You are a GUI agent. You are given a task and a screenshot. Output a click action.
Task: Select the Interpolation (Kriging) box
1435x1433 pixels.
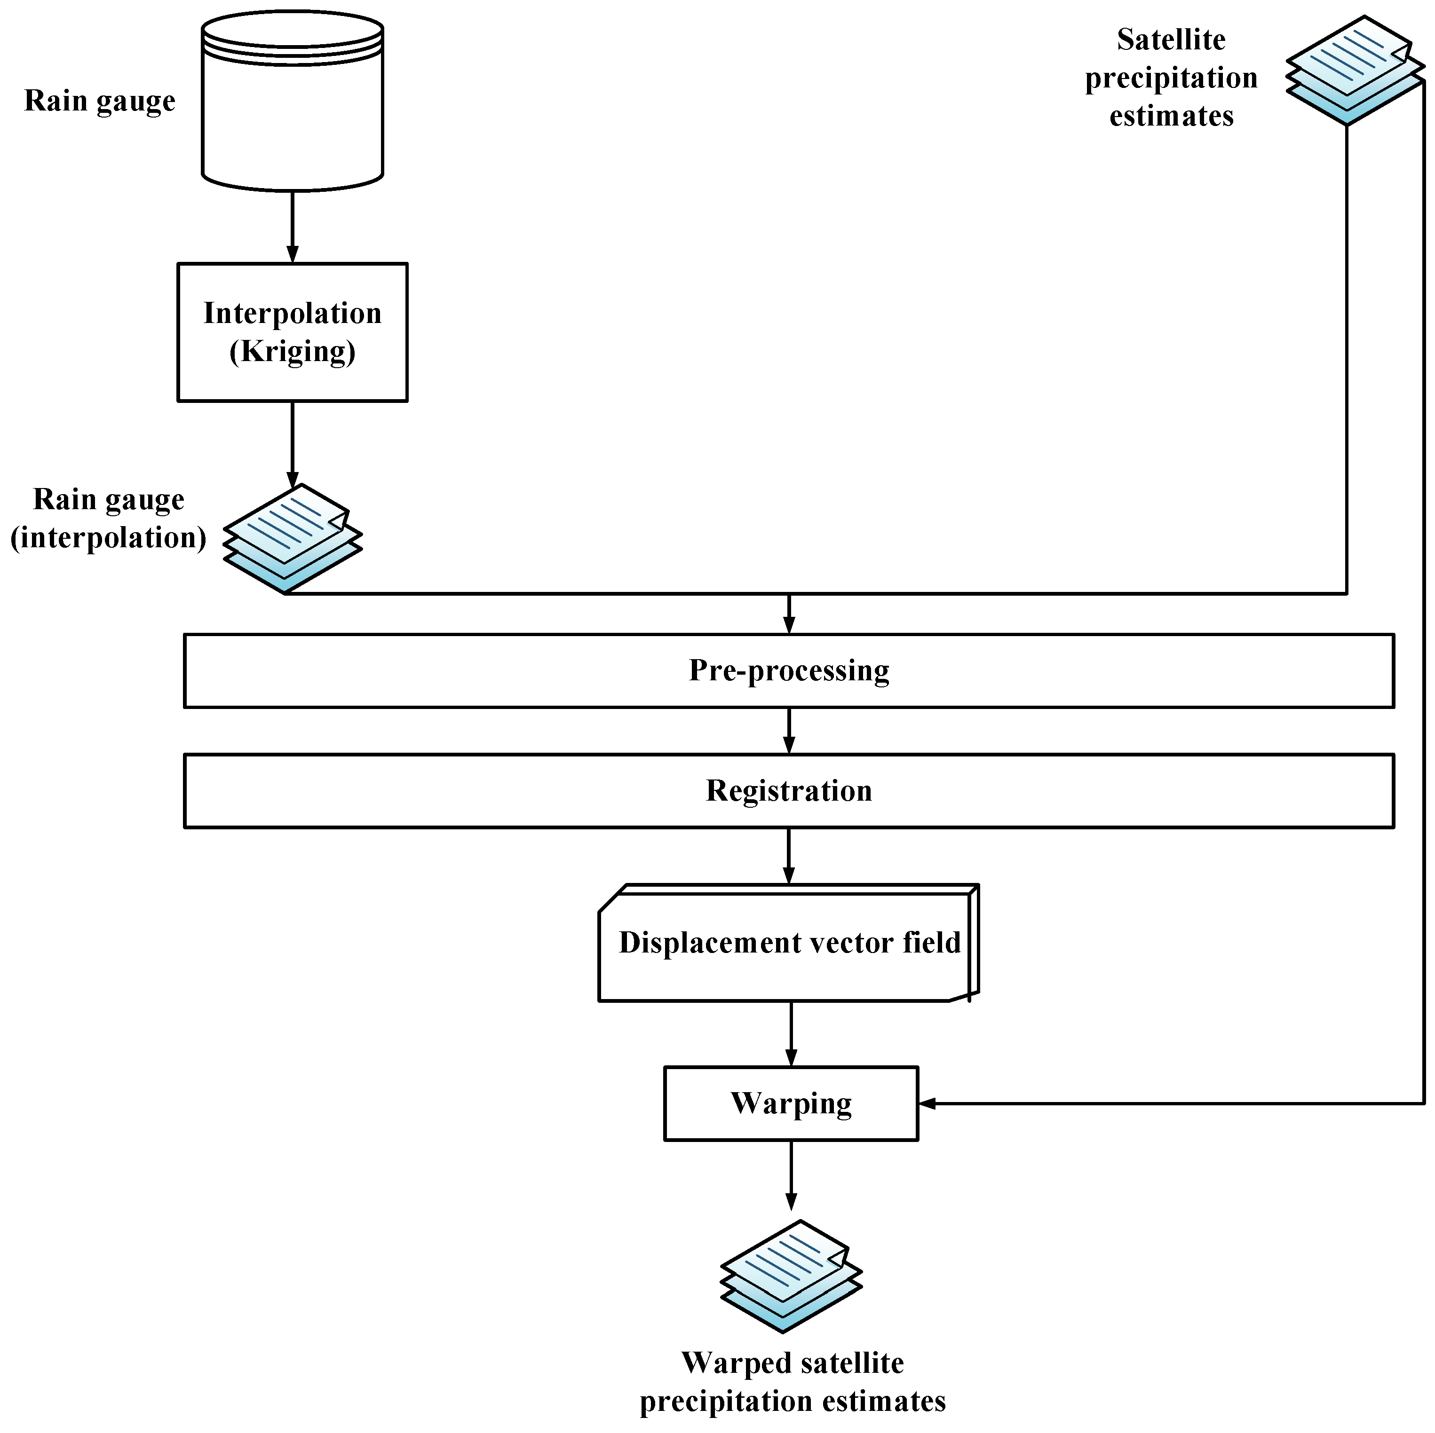(292, 332)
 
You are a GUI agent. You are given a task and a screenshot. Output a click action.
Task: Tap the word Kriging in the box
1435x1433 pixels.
(292, 351)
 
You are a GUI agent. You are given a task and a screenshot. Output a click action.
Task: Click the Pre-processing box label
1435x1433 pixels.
(788, 670)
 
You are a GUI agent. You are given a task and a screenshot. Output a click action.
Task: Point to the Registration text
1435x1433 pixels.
(788, 791)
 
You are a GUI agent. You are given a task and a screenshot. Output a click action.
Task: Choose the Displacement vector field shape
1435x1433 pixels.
(788, 943)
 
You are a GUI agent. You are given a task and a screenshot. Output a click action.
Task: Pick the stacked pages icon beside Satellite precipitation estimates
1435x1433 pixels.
(1353, 71)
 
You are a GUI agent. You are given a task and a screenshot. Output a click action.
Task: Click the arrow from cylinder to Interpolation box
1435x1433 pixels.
(292, 227)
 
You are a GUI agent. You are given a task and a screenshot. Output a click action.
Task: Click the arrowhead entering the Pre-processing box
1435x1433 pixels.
(788, 624)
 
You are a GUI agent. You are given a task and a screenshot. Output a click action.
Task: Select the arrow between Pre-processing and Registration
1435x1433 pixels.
(788, 732)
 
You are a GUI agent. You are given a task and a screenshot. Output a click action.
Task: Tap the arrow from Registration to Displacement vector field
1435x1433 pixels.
(788, 856)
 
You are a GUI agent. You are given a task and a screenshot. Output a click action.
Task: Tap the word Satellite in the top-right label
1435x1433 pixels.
(1171, 40)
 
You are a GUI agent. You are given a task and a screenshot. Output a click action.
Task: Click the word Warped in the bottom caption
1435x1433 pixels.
(735, 1363)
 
